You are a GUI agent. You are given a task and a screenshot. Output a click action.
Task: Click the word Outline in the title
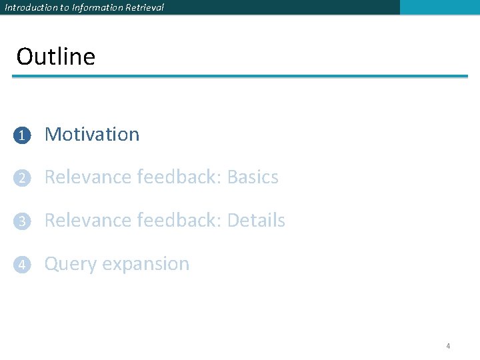click(x=56, y=57)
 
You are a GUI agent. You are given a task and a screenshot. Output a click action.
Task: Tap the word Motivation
click(x=92, y=134)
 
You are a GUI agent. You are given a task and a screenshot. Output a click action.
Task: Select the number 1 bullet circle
click(x=22, y=135)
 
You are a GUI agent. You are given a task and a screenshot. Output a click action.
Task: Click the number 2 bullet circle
click(x=22, y=178)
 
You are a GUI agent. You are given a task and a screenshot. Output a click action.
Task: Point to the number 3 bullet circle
click(x=22, y=221)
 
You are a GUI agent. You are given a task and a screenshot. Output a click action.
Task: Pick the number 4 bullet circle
click(x=22, y=265)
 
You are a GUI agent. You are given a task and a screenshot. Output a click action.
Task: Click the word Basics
click(x=253, y=177)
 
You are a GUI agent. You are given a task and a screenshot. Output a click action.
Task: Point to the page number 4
click(x=448, y=346)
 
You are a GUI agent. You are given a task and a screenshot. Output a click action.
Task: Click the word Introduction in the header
click(x=31, y=7)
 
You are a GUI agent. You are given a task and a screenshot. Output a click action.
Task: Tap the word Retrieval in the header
click(x=144, y=7)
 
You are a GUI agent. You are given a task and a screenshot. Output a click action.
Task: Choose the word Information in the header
click(x=93, y=7)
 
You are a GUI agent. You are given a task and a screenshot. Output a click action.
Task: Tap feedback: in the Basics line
click(x=179, y=177)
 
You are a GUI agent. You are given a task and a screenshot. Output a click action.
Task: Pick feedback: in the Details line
click(x=179, y=221)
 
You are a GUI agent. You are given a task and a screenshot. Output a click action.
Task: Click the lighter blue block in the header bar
click(x=439, y=7)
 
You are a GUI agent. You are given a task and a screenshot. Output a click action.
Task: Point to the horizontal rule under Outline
click(x=240, y=76)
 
